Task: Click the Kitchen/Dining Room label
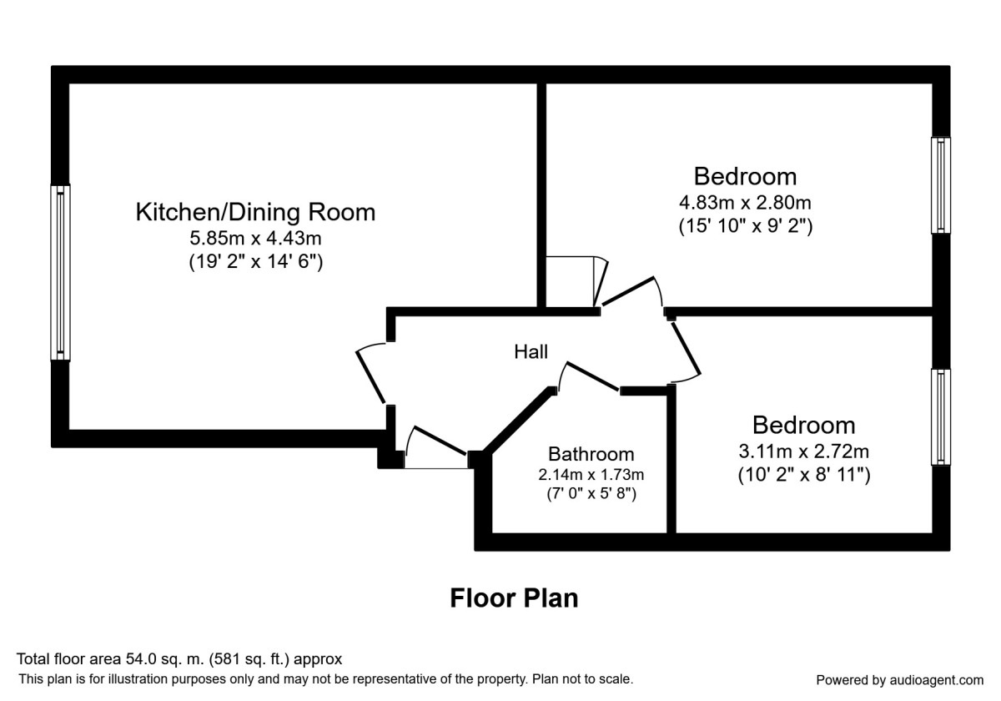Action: pyautogui.click(x=255, y=212)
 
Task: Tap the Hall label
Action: pyautogui.click(x=531, y=352)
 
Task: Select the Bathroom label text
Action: pyautogui.click(x=591, y=454)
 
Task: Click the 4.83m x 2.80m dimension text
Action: pyautogui.click(x=745, y=202)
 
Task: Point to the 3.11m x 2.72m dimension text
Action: pyautogui.click(x=803, y=451)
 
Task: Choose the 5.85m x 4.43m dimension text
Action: pyautogui.click(x=255, y=239)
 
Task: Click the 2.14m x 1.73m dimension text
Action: pyautogui.click(x=591, y=475)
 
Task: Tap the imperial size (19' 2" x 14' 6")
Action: pyautogui.click(x=255, y=261)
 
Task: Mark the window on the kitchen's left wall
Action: pyautogui.click(x=60, y=273)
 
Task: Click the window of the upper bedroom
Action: pyautogui.click(x=941, y=185)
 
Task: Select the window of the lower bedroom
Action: pyautogui.click(x=941, y=416)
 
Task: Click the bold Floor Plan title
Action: pyautogui.click(x=514, y=598)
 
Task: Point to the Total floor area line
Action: pyautogui.click(x=180, y=659)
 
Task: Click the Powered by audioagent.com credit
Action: pyautogui.click(x=899, y=679)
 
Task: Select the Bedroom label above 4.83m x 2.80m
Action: pyautogui.click(x=745, y=177)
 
